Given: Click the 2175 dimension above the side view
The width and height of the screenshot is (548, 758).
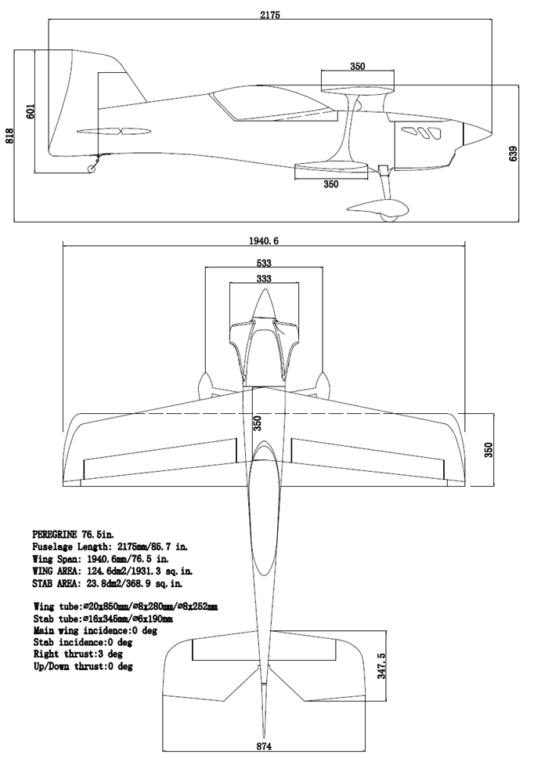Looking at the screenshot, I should (269, 14).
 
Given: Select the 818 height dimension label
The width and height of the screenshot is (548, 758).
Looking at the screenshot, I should (10, 136).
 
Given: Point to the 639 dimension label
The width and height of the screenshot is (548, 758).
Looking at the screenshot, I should (514, 153).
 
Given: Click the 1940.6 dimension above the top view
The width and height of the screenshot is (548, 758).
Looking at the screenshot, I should (263, 241).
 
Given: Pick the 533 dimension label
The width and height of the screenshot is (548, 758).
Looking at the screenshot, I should (265, 263).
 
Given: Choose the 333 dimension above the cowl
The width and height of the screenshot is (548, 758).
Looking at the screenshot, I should (265, 279).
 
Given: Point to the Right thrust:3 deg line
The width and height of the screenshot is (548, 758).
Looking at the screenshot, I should (82, 654).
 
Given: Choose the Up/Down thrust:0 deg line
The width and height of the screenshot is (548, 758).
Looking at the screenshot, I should (83, 666).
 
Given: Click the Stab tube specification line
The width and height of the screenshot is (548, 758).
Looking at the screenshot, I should (103, 618).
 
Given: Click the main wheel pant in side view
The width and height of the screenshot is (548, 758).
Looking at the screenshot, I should (378, 208).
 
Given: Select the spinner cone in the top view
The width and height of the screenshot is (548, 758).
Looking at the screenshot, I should (265, 306).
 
